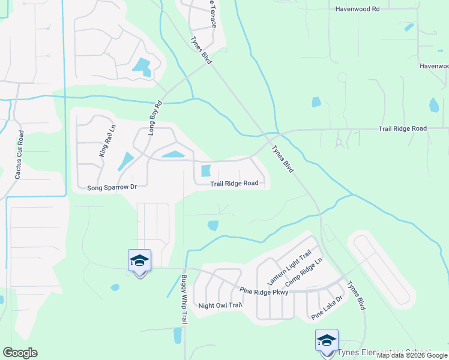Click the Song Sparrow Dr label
pos(112,187)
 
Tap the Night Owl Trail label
pos(220,305)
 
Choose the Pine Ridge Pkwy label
pos(264,292)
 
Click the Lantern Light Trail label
pos(280,268)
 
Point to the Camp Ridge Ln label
pos(304,272)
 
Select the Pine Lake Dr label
pos(327,308)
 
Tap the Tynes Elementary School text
pos(385,352)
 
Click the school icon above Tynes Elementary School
pos(327,340)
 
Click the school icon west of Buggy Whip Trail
pos(139,260)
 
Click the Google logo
pos(20,352)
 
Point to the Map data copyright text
pos(412,355)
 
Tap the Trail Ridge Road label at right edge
pos(402,129)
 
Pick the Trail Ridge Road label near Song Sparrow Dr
pos(234,184)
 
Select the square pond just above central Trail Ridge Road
pos(206,170)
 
